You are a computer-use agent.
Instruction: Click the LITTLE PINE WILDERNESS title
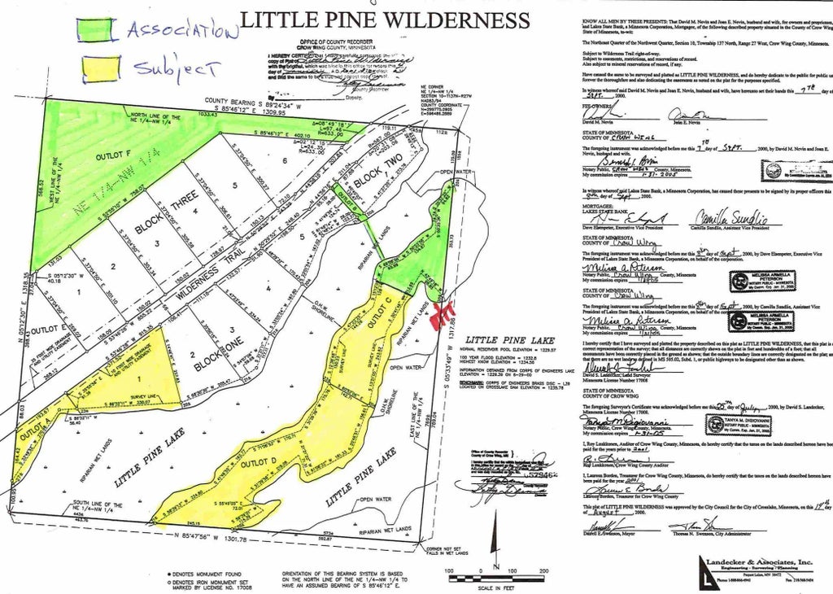click(x=385, y=20)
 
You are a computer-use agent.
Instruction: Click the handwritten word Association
click(x=181, y=31)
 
